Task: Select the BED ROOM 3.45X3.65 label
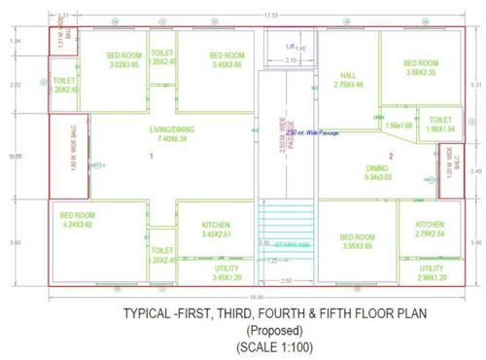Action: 227,59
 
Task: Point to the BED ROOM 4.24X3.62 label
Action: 76,219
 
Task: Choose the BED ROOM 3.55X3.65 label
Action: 357,241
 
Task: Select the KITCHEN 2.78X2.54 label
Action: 430,229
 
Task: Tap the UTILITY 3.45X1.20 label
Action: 226,272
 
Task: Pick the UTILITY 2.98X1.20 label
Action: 432,272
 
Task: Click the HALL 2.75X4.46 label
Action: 349,80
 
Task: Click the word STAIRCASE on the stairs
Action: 291,244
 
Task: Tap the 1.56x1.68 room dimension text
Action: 399,125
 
